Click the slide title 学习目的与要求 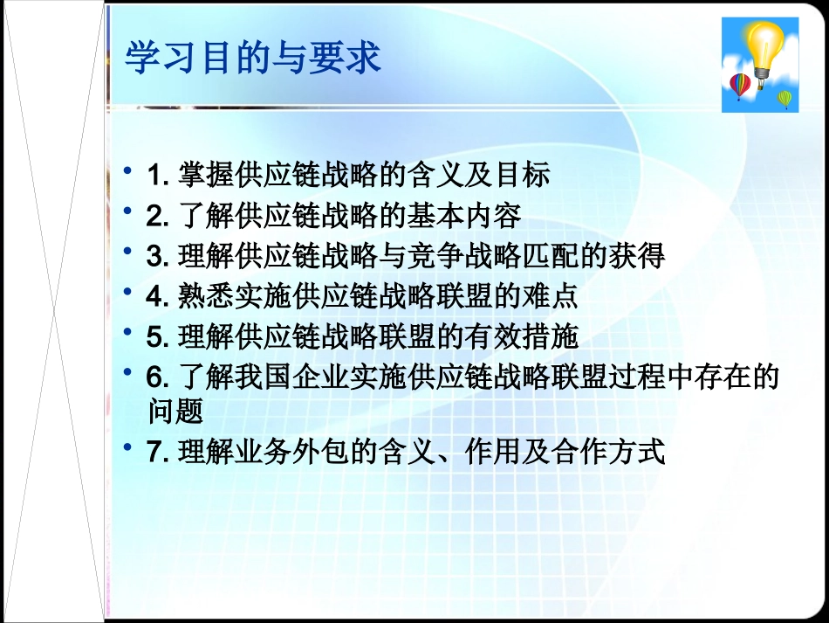point(253,59)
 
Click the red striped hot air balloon point(740,86)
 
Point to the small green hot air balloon point(784,98)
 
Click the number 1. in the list point(158,176)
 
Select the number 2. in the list point(158,216)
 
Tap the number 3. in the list point(158,256)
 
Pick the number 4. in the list point(158,296)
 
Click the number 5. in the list point(158,336)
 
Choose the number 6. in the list point(158,377)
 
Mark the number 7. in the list point(158,453)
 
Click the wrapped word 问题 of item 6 point(175,409)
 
